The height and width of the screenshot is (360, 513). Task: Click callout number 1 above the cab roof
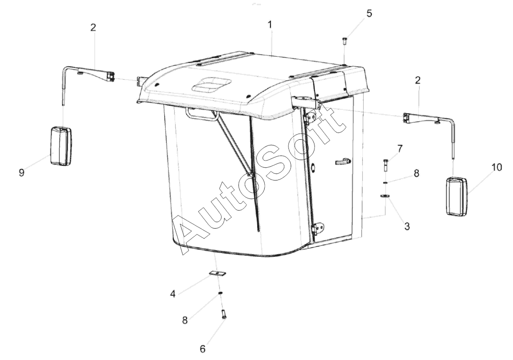click(270, 25)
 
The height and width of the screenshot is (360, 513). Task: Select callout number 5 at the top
click(369, 14)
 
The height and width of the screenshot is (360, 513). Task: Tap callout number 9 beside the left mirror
click(22, 172)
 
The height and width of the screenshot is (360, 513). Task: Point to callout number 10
click(496, 167)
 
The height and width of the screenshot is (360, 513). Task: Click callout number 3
click(407, 226)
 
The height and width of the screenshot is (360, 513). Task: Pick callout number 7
click(400, 148)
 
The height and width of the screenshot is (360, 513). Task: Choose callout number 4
click(173, 294)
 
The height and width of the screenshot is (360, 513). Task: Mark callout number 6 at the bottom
click(203, 349)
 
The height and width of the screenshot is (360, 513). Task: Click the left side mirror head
click(61, 145)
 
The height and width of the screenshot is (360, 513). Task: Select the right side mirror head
click(457, 197)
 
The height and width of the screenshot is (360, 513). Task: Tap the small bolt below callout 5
click(344, 41)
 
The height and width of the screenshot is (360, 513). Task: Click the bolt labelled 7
click(385, 165)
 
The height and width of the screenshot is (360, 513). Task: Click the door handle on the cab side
click(342, 162)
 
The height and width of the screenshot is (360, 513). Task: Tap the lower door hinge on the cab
click(318, 228)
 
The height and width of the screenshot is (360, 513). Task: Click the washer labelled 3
click(385, 196)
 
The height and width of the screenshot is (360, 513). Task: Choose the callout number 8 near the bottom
click(185, 320)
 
